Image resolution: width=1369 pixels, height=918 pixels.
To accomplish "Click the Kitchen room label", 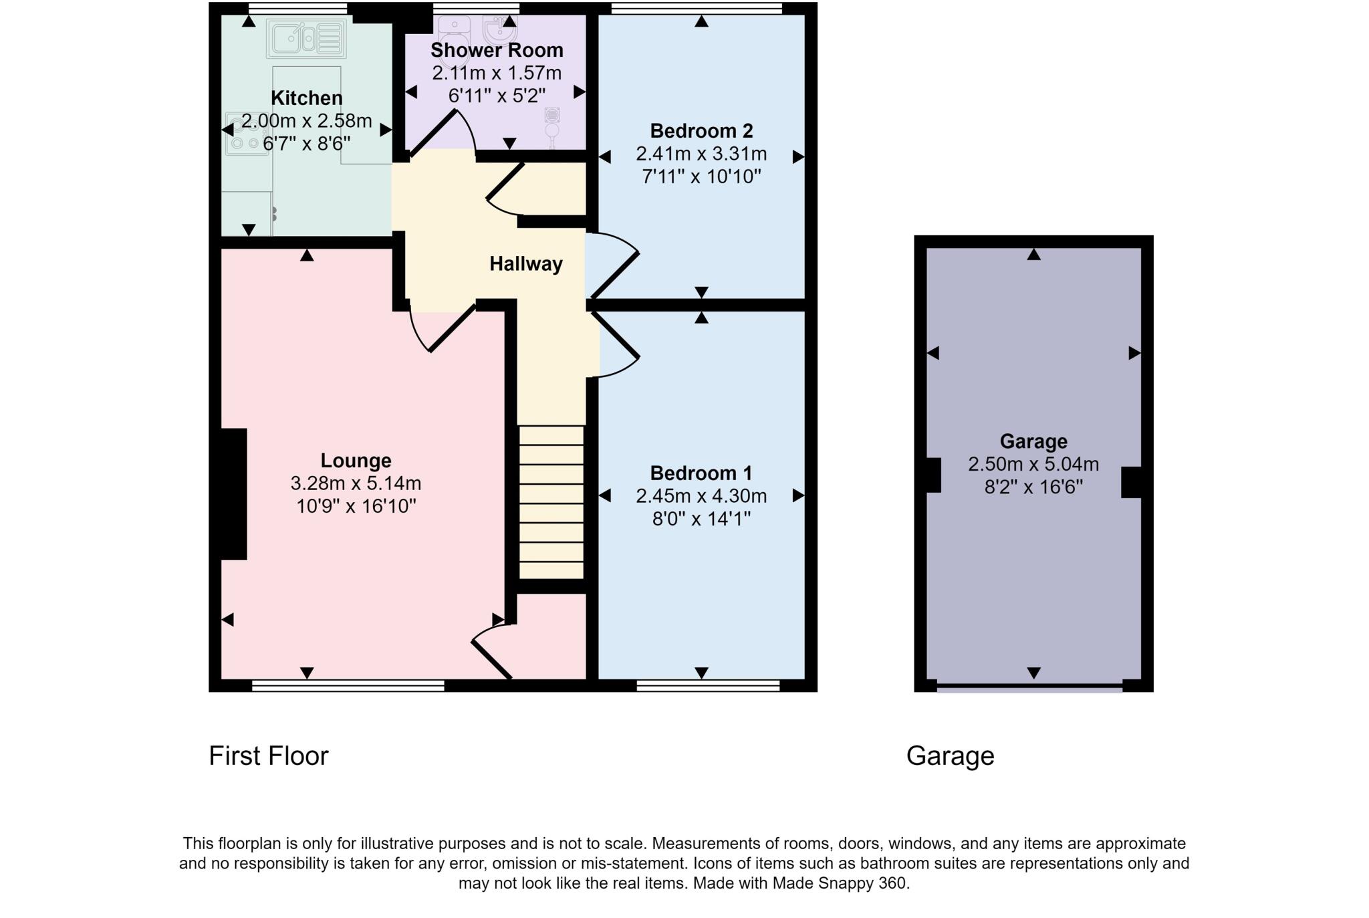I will pyautogui.click(x=306, y=98).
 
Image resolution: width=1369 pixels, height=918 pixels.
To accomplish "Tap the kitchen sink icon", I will pyautogui.click(x=306, y=38).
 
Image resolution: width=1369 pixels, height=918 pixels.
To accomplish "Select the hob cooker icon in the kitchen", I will pyautogui.click(x=245, y=134).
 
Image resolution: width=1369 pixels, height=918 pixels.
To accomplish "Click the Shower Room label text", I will pyautogui.click(x=497, y=50).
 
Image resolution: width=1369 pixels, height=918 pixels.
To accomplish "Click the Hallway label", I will pyautogui.click(x=525, y=264).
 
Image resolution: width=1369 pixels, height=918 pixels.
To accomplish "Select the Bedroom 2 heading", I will pyautogui.click(x=701, y=130).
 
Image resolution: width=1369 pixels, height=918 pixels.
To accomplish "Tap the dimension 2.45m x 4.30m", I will pyautogui.click(x=701, y=496).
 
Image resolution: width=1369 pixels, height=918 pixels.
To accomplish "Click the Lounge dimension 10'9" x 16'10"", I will pyautogui.click(x=356, y=506).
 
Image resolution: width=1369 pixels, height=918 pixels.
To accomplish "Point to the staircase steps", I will pyautogui.click(x=551, y=501).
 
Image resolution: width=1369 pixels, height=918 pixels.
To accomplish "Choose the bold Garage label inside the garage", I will pyautogui.click(x=1033, y=441).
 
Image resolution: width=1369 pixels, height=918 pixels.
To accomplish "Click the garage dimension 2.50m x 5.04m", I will pyautogui.click(x=1033, y=464).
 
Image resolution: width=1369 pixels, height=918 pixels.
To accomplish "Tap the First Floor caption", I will pyautogui.click(x=268, y=756).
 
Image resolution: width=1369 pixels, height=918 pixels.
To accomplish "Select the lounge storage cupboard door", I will pyautogui.click(x=491, y=659).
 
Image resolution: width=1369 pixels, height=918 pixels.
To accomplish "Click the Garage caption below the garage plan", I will pyautogui.click(x=949, y=756).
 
